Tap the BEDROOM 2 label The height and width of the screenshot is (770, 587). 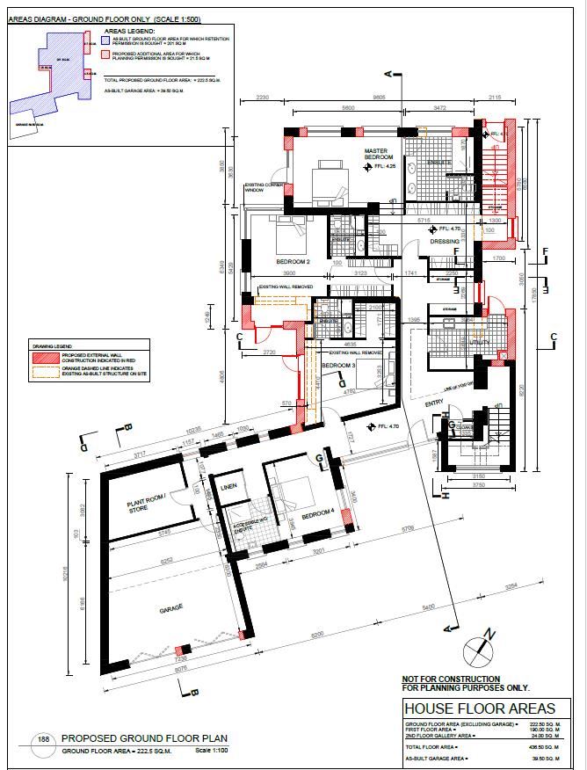[x=293, y=262]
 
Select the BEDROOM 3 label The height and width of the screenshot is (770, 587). [x=337, y=364]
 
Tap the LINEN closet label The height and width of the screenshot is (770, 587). [x=229, y=486]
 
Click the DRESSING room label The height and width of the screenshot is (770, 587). [x=445, y=243]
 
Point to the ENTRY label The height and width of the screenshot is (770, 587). [x=434, y=403]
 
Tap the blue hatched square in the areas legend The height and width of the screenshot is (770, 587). [x=105, y=40]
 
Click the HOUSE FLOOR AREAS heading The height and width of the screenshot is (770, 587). [x=479, y=708]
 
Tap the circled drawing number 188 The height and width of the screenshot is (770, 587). [x=42, y=741]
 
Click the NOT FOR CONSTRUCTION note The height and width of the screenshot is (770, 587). [x=451, y=679]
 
